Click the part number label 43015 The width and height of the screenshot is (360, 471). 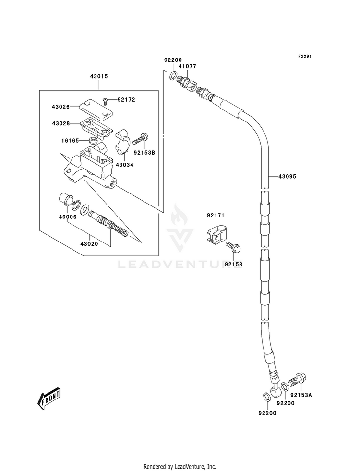pyautogui.click(x=99, y=76)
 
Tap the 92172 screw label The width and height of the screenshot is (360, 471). pyautogui.click(x=126, y=100)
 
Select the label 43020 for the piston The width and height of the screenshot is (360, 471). pyautogui.click(x=89, y=244)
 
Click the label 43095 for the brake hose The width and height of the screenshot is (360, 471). pyautogui.click(x=287, y=176)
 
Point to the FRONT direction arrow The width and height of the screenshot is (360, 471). pyautogui.click(x=48, y=398)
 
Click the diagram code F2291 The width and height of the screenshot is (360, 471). pyautogui.click(x=304, y=56)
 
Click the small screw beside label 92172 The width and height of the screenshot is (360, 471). pyautogui.click(x=105, y=101)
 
